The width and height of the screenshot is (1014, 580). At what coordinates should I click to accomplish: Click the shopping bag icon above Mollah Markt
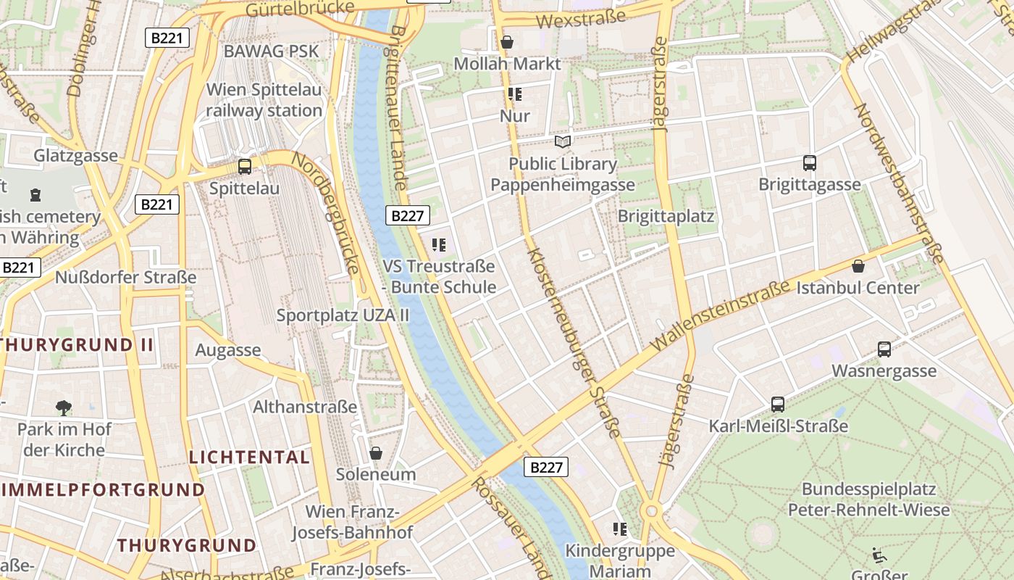pyautogui.click(x=507, y=42)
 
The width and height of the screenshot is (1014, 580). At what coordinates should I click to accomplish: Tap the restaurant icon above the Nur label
pyautogui.click(x=515, y=94)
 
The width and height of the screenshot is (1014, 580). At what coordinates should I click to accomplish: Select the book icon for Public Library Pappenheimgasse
pyautogui.click(x=563, y=141)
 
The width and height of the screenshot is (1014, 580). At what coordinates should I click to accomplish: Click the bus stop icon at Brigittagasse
pyautogui.click(x=810, y=163)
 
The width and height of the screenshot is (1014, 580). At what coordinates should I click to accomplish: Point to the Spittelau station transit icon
pyautogui.click(x=245, y=167)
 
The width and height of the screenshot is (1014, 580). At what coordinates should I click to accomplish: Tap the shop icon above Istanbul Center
pyautogui.click(x=858, y=266)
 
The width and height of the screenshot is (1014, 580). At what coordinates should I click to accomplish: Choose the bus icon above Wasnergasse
pyautogui.click(x=884, y=349)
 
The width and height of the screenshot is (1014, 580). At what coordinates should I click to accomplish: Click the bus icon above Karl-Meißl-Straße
pyautogui.click(x=778, y=404)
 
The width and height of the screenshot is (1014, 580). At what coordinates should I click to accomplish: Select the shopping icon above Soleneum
pyautogui.click(x=376, y=453)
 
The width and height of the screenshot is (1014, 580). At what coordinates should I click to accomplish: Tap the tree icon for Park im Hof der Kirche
pyautogui.click(x=64, y=407)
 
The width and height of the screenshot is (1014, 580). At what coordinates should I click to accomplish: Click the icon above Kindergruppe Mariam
pyautogui.click(x=619, y=529)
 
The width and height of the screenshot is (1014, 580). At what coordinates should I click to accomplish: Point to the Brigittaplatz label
pyautogui.click(x=666, y=216)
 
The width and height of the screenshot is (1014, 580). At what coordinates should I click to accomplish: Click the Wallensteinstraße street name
pyautogui.click(x=721, y=316)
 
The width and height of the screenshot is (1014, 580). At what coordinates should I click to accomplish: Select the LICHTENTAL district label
pyautogui.click(x=249, y=457)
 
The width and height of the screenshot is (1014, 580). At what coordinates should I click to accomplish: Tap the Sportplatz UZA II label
pyautogui.click(x=343, y=315)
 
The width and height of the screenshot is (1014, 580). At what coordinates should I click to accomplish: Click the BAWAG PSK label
pyautogui.click(x=272, y=51)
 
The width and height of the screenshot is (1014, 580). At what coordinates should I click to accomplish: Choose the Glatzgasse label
pyautogui.click(x=75, y=156)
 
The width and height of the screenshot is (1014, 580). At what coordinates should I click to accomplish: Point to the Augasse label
pyautogui.click(x=228, y=350)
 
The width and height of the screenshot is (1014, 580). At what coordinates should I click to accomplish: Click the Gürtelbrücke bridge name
pyautogui.click(x=301, y=9)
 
